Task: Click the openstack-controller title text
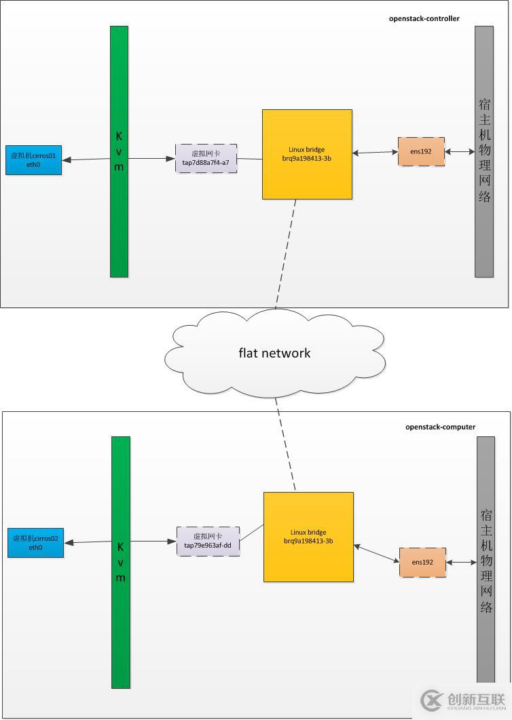[424, 18]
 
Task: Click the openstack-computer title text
[440, 427]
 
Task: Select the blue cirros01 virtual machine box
[33, 160]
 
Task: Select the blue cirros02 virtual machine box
[35, 542]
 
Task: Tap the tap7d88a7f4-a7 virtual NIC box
[206, 158]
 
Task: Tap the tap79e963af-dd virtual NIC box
[208, 541]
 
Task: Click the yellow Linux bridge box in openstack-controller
[307, 154]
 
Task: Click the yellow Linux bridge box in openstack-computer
[308, 537]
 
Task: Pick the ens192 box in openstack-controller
[421, 151]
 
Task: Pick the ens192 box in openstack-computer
[422, 563]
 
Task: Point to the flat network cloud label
[274, 353]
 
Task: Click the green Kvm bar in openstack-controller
[119, 151]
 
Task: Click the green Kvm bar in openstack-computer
[120, 561]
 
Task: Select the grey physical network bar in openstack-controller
[484, 151]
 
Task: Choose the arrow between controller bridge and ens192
[375, 152]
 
